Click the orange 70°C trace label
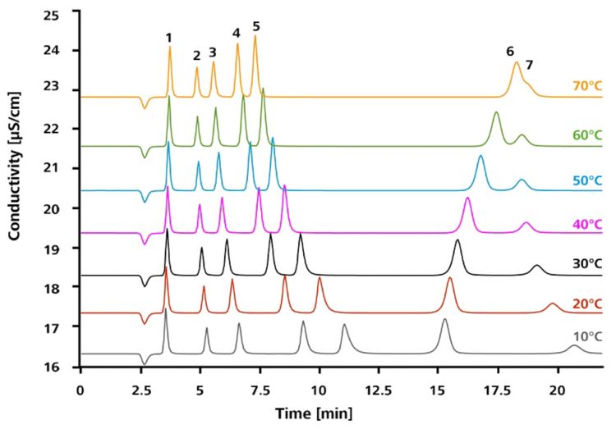click(x=586, y=84)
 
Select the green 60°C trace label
click(x=586, y=134)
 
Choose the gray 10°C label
click(x=586, y=337)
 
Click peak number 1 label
click(x=168, y=38)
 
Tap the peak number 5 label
click(x=255, y=27)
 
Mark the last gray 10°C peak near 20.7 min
click(x=574, y=347)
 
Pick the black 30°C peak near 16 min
click(x=457, y=241)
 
